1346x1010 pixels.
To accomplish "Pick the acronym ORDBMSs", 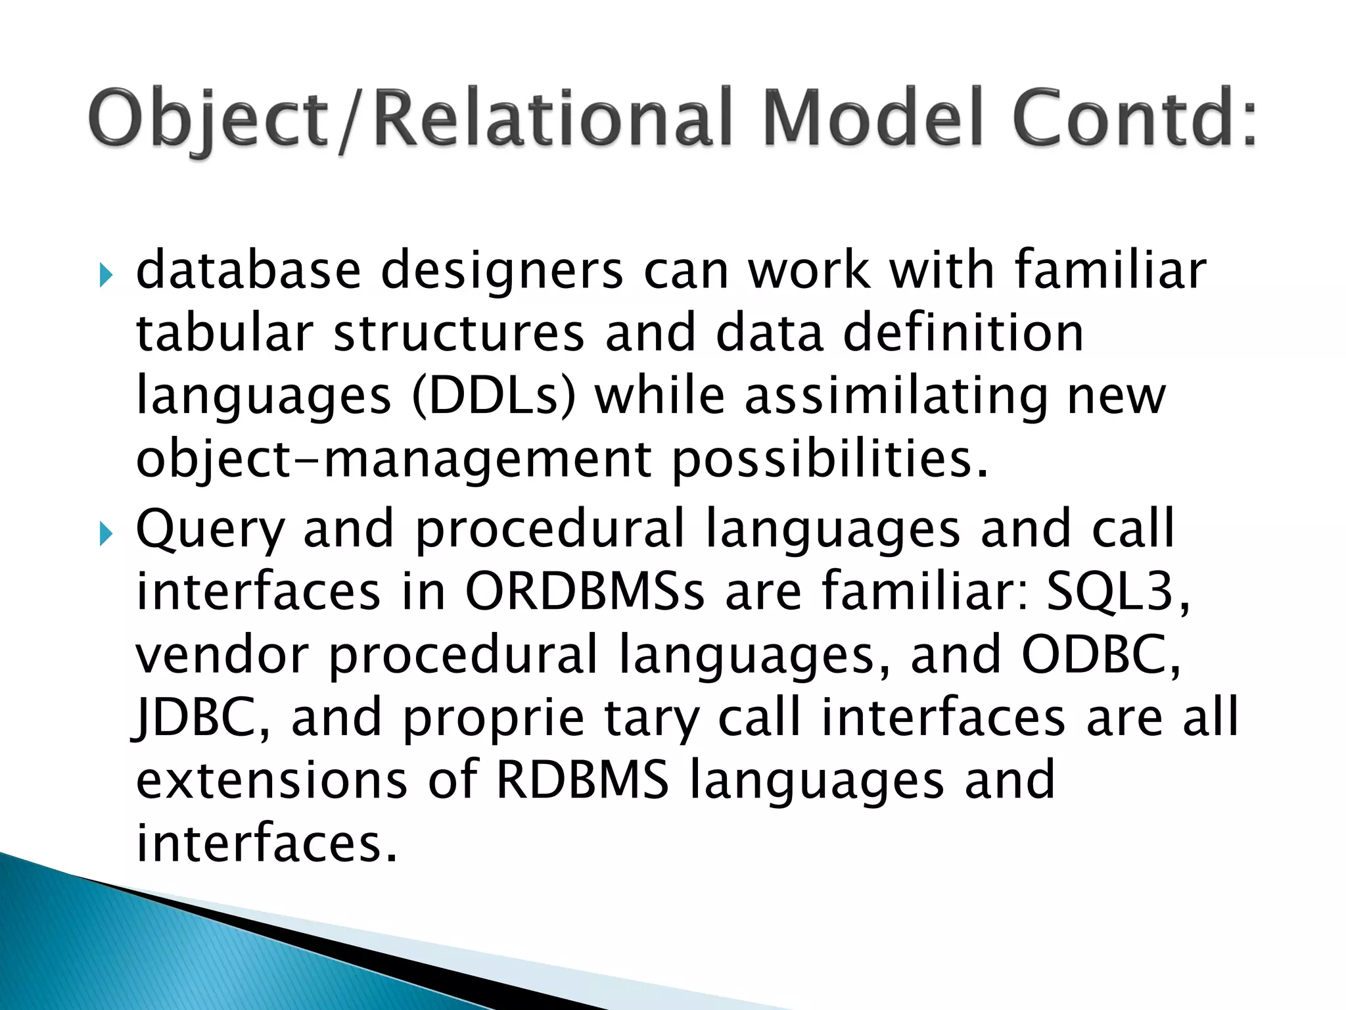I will click(x=584, y=592).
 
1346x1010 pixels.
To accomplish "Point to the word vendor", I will click(x=221, y=654).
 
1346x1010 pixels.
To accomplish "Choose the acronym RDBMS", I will click(x=582, y=780).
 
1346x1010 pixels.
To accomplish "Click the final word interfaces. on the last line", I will click(x=266, y=843).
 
